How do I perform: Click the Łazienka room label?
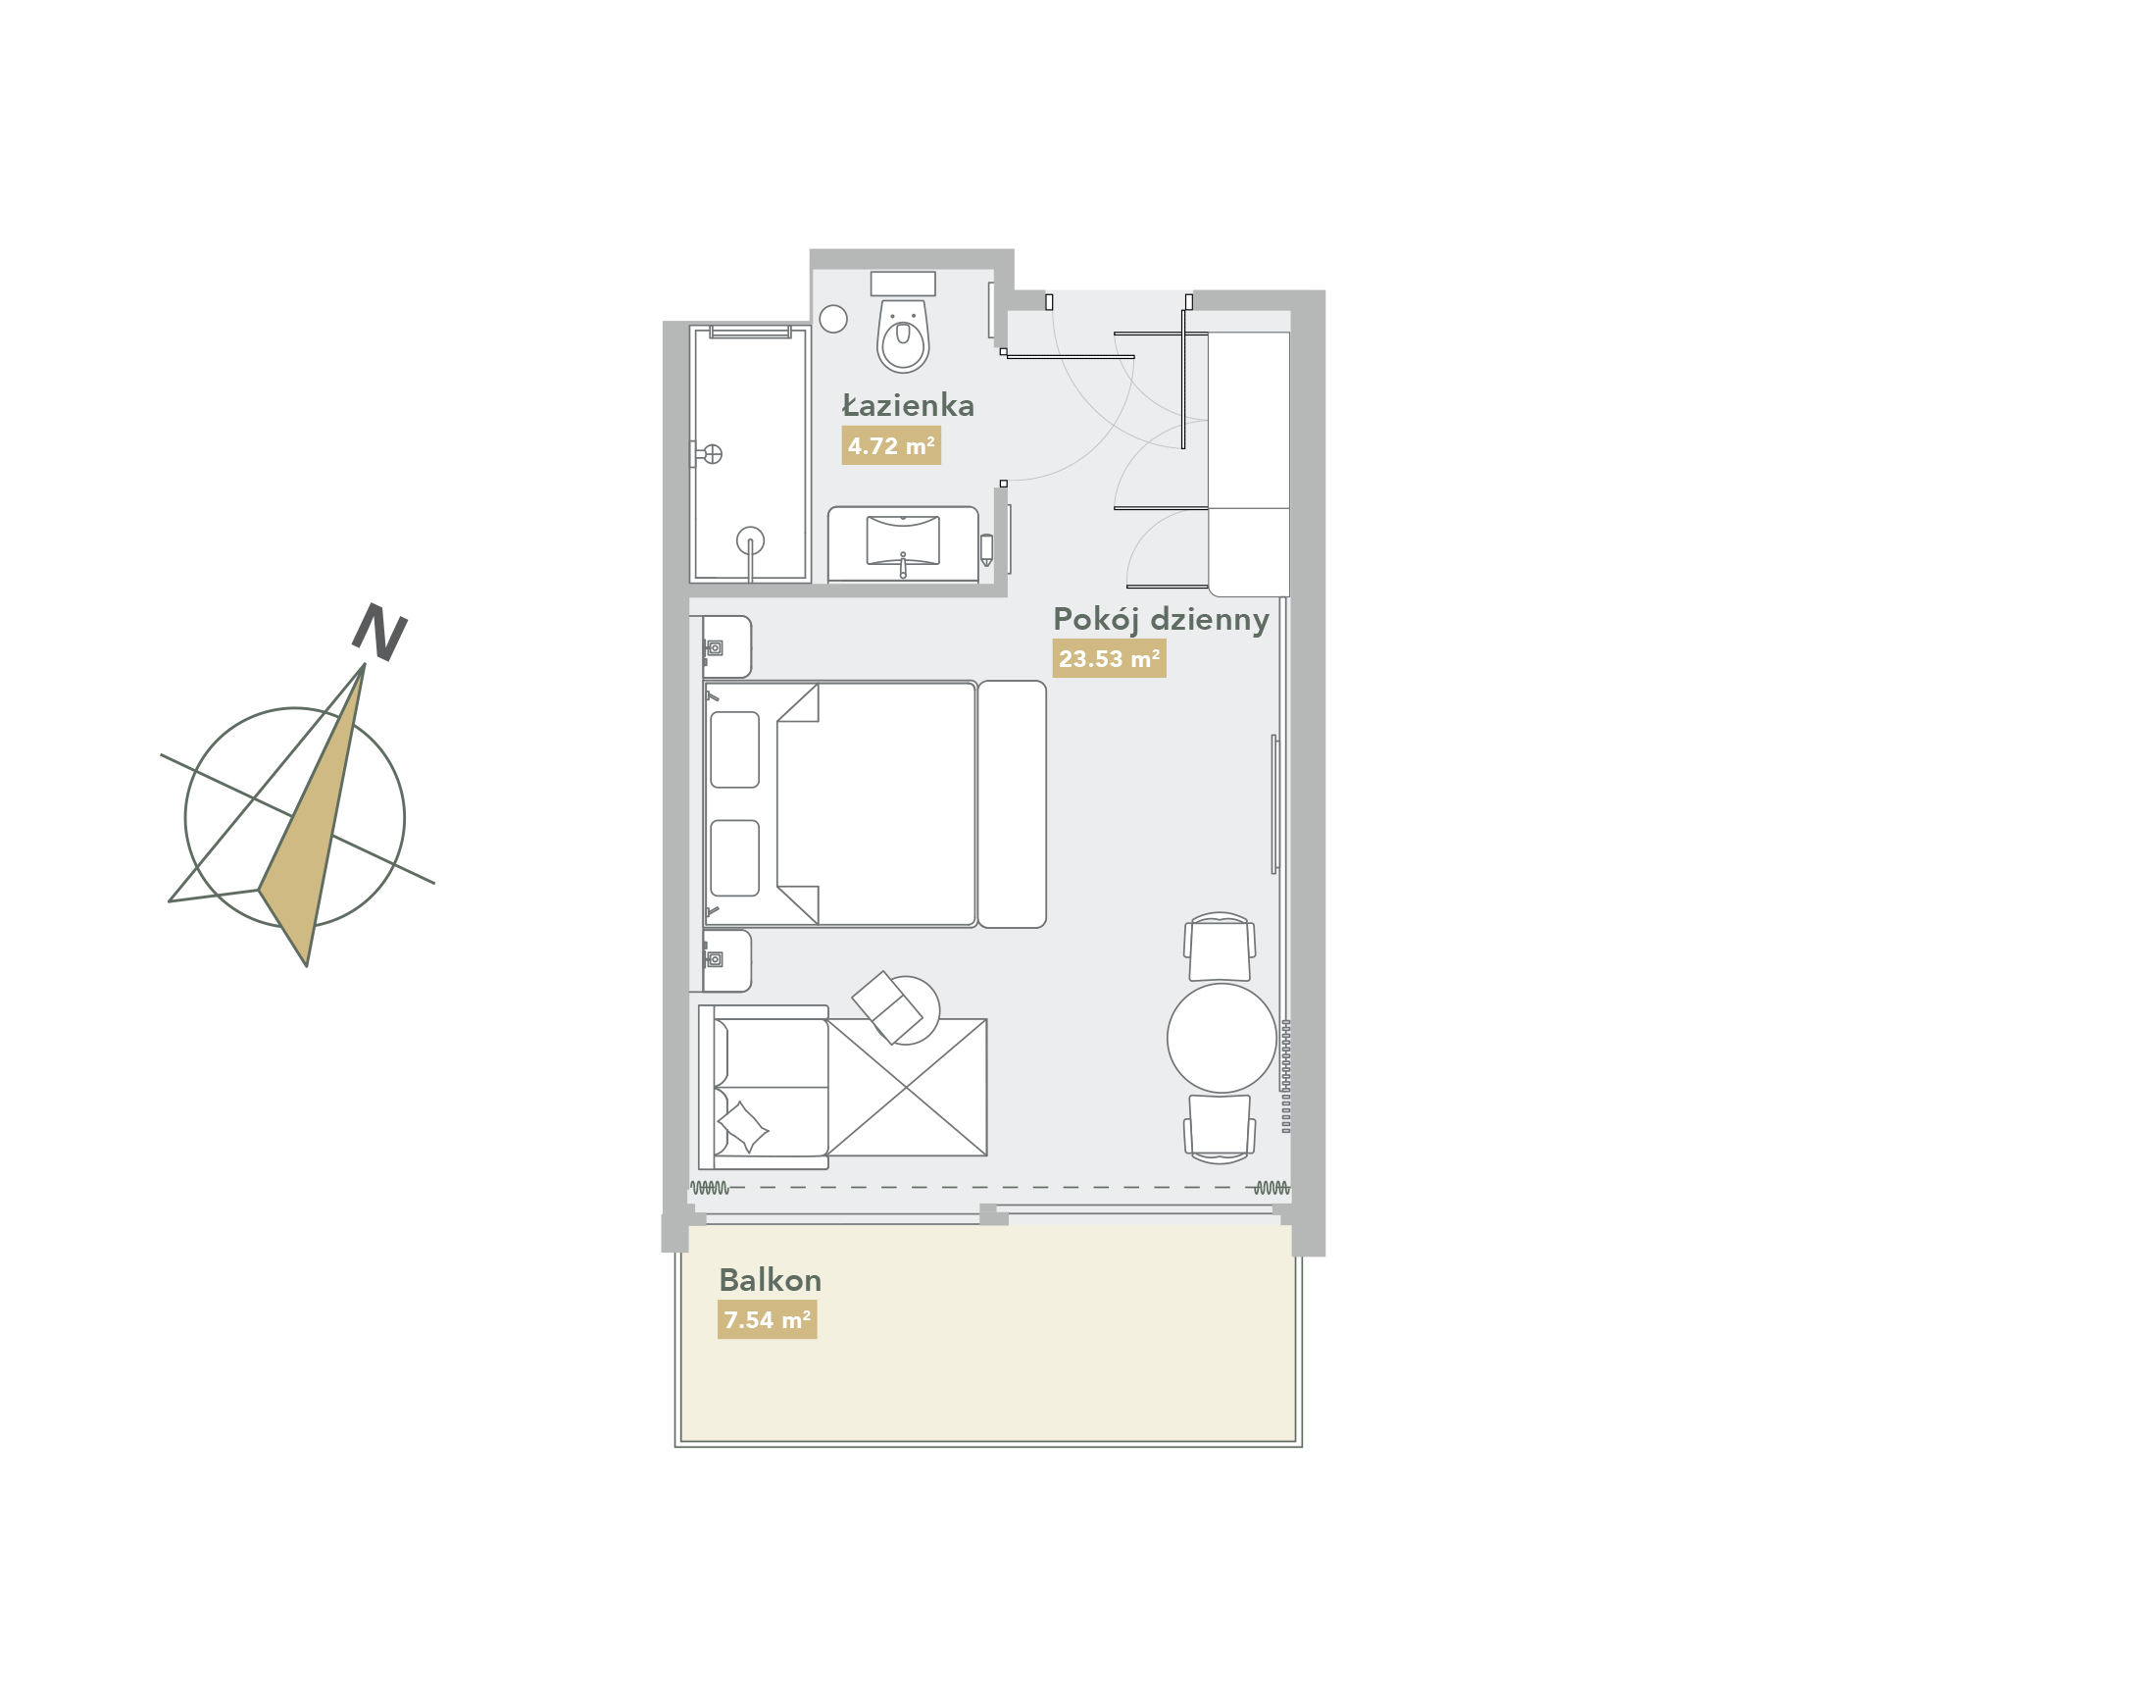[x=908, y=405]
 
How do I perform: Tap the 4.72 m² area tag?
[x=890, y=445]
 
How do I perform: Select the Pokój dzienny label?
[x=1160, y=620]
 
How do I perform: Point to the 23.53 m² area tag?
[x=1108, y=658]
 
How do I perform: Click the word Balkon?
[x=770, y=1280]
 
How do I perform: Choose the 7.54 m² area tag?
[x=766, y=1319]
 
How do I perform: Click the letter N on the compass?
[x=379, y=632]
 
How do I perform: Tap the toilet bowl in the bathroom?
[x=903, y=337]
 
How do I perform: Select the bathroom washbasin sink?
[x=903, y=540]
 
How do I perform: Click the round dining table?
[x=1221, y=1038]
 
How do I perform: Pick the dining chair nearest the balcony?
[x=1220, y=1126]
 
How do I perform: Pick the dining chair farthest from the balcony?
[x=1220, y=948]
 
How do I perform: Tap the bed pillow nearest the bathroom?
[x=734, y=749]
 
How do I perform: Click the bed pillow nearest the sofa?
[x=734, y=857]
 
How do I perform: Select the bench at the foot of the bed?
[x=1012, y=804]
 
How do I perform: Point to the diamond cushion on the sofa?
[x=742, y=1126]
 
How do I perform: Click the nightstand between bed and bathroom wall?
[x=726, y=646]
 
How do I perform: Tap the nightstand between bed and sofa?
[x=726, y=959]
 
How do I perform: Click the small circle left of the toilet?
[x=833, y=318]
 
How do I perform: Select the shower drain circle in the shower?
[x=750, y=540]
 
